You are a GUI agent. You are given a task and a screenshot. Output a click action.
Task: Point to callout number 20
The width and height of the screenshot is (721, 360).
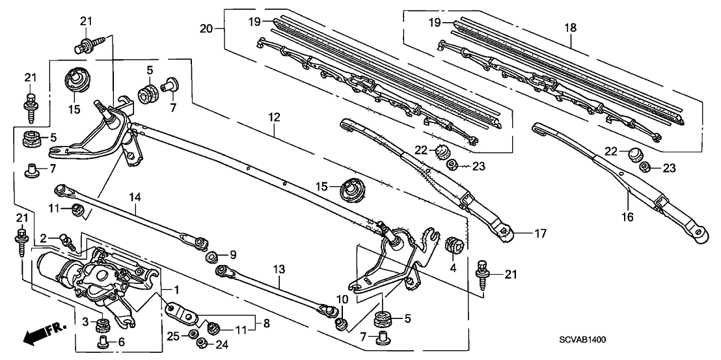tap(206, 28)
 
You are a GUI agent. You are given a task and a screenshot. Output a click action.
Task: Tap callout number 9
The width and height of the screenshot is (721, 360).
tap(233, 254)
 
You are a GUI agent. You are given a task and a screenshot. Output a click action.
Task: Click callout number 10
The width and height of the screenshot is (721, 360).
tap(342, 300)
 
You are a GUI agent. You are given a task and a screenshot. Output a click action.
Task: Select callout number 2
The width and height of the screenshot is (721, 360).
tap(44, 238)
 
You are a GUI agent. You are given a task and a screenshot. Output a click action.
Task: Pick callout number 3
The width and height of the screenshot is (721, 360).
tap(85, 322)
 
